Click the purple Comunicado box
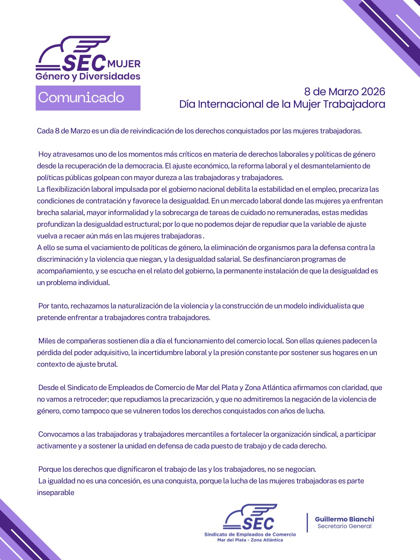point(88,98)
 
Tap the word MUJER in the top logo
point(124,64)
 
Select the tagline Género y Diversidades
point(88,76)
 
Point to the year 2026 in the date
point(373,92)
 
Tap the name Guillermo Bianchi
point(344,519)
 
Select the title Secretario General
point(344,526)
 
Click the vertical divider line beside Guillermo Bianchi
point(307,522)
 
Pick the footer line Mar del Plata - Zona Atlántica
point(250,540)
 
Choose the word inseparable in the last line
point(56,493)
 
